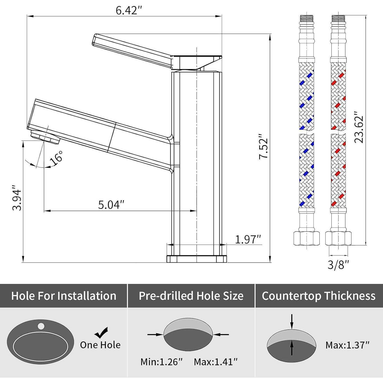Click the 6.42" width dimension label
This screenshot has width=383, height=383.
(129, 10)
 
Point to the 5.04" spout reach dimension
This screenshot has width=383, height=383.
(111, 205)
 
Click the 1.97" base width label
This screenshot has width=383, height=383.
(248, 240)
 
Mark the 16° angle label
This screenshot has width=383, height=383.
(56, 158)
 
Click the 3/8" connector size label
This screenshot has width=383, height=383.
(338, 265)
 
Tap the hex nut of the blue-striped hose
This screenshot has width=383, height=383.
(306, 238)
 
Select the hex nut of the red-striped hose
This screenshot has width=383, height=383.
(338, 238)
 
